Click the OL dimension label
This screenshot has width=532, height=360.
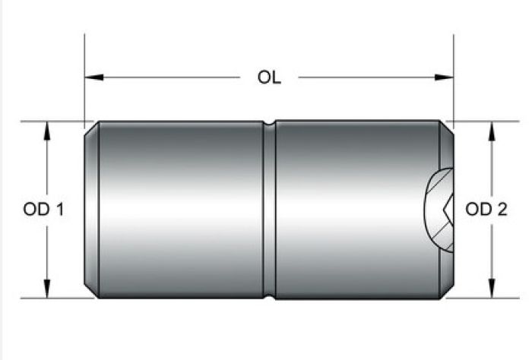269,77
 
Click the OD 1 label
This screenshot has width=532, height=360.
43,209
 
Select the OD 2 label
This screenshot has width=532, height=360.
486,209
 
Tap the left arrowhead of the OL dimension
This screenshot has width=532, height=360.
94,77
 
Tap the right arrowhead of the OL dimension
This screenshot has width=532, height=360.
444,77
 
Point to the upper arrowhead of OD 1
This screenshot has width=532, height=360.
47,131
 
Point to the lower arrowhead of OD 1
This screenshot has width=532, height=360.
47,289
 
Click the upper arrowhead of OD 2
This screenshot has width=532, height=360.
492,131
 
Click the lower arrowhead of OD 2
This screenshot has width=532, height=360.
492,289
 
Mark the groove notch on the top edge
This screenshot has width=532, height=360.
269,123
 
